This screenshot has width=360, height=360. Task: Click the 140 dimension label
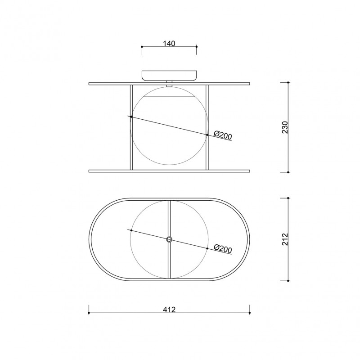pos(169,43)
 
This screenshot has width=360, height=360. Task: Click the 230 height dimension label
pos(285,127)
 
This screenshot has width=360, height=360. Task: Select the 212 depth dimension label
pos(285,239)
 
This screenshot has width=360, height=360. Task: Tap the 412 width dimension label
pos(169,310)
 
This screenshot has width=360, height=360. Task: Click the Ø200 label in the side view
pos(223,135)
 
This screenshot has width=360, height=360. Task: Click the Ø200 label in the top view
pos(223,249)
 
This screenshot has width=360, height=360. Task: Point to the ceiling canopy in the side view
pos(169,76)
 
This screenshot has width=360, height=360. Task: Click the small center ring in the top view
pos(169,239)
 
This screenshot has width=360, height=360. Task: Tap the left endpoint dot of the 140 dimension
pos(142,47)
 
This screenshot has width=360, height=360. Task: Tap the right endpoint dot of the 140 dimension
pos(197,47)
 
